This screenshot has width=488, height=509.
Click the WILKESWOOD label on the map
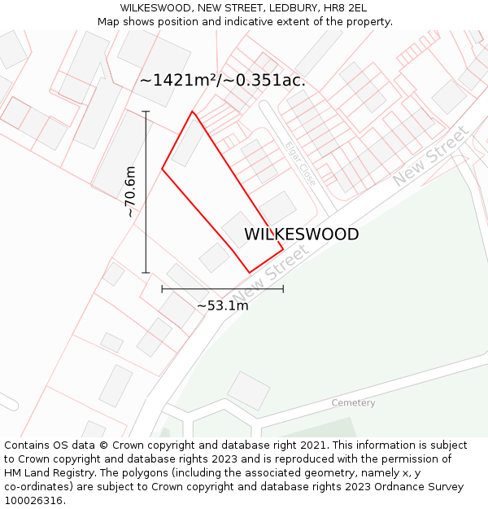tap(301, 235)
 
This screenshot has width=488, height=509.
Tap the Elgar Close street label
tap(300, 164)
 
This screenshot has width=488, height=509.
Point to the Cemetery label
tap(353, 403)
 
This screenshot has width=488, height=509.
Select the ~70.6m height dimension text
tap(129, 191)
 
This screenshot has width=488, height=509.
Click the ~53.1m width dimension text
tap(222, 306)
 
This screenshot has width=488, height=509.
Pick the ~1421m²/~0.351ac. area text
tap(222, 81)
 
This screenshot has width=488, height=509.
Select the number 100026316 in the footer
tap(33, 501)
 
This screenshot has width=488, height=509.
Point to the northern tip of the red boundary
tap(193, 112)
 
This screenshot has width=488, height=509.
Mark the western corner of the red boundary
tap(162, 169)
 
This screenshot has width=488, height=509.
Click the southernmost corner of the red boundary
tap(249, 273)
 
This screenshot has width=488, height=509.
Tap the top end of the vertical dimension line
tap(146, 112)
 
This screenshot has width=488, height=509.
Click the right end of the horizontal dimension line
tap(283, 288)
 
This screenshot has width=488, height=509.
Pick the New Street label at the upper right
tap(431, 156)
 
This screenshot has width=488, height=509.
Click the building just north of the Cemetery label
tap(248, 390)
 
